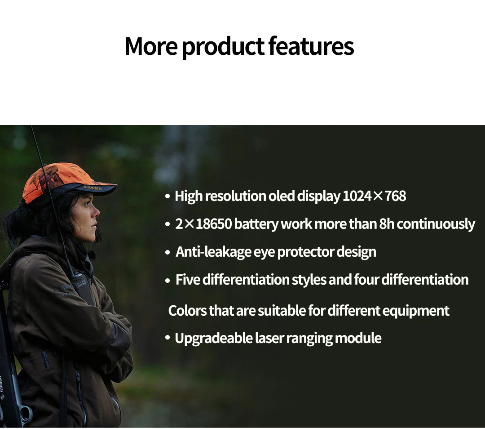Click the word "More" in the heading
click(151, 46)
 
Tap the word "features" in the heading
click(311, 46)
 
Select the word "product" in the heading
click(223, 47)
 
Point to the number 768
click(395, 196)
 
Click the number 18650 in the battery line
click(214, 223)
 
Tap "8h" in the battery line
click(387, 223)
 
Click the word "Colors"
click(187, 310)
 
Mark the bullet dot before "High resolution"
click(168, 197)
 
